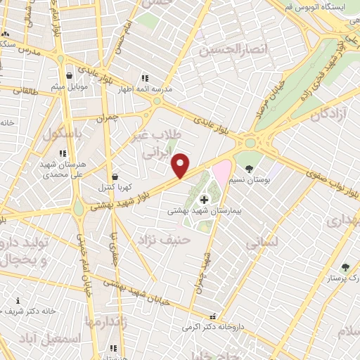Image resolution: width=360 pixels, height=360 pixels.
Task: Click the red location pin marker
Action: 181,165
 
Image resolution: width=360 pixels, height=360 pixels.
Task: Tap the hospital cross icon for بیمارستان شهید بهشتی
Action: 205,200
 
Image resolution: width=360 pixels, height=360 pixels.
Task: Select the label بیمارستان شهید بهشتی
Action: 204,211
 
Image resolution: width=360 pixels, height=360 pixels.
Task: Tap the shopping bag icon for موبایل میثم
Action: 69,77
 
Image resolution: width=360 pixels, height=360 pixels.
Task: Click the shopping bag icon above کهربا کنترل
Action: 115,176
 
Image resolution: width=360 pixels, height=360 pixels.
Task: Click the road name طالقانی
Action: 22,90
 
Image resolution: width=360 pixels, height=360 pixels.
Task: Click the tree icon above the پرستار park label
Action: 345,267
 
